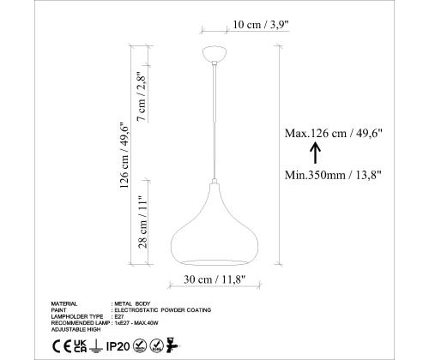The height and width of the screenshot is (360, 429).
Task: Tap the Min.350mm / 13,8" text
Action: point(333,175)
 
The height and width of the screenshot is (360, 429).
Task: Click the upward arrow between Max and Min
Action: point(314,153)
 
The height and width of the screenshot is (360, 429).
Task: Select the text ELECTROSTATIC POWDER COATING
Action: point(162,309)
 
